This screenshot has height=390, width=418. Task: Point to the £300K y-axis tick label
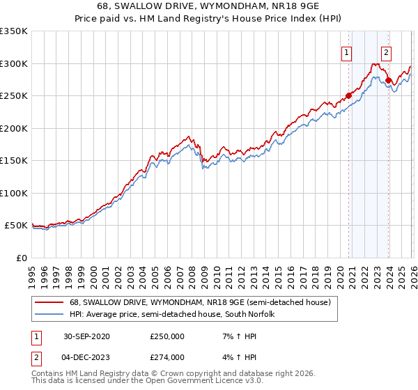click(x=14, y=63)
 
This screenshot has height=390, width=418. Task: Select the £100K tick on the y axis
click(x=14, y=193)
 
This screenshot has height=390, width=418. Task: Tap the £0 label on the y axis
click(x=21, y=258)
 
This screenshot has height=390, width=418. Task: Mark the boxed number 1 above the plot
click(x=346, y=51)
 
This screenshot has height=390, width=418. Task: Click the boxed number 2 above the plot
click(x=386, y=51)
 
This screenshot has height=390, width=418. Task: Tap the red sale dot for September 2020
click(x=348, y=96)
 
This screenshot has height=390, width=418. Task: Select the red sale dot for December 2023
click(x=388, y=81)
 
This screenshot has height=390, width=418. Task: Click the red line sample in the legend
click(x=49, y=302)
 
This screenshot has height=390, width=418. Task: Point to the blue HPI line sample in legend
click(x=49, y=313)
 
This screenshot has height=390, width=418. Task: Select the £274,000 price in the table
click(x=167, y=357)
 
